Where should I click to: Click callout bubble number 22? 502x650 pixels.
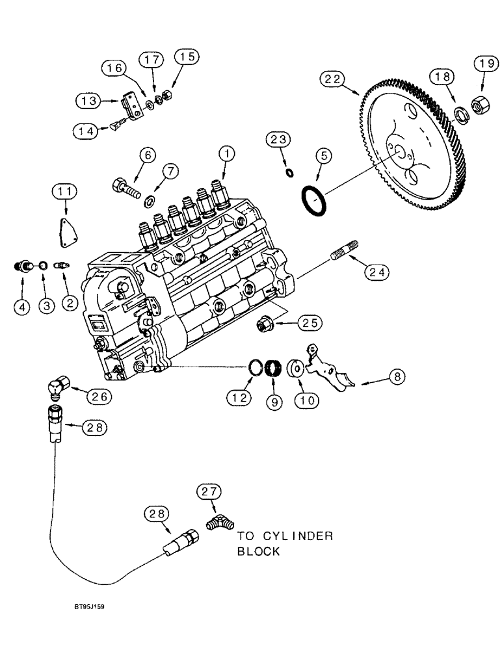[x=330, y=80]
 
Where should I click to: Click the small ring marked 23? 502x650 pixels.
[x=289, y=172]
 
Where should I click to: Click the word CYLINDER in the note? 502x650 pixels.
[x=302, y=537]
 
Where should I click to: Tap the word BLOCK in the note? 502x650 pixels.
[x=258, y=552]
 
